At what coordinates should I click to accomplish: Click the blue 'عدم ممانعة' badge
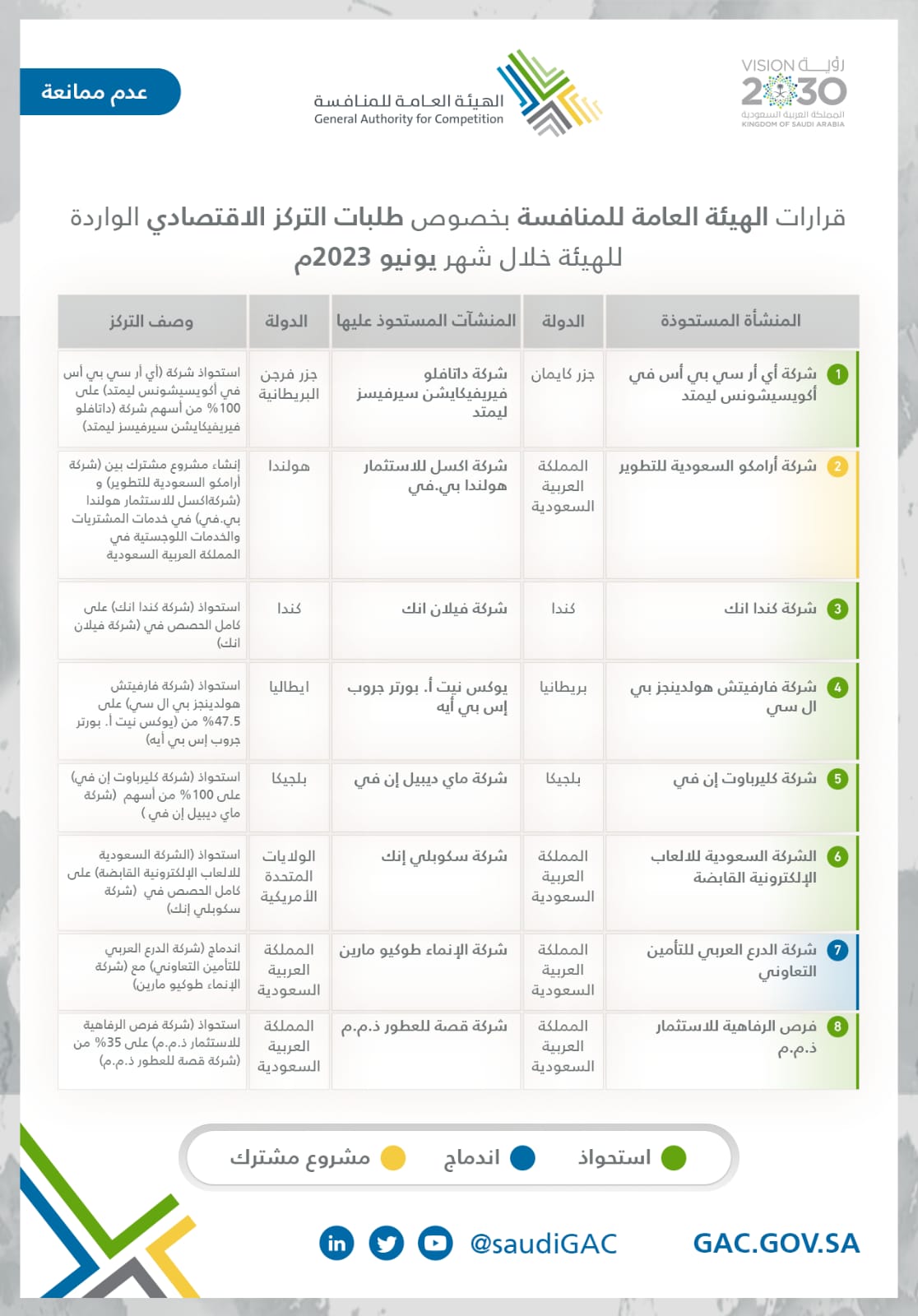coord(99,91)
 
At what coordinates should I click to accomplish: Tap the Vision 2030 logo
coord(793,91)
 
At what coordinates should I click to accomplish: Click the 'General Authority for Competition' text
coord(409,119)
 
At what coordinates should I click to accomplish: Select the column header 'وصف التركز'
coord(151,322)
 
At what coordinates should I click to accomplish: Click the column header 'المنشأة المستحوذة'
coord(730,321)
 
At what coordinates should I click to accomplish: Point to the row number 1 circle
coord(837,375)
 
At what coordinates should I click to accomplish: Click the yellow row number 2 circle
coord(837,466)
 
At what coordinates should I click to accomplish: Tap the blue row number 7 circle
coord(837,950)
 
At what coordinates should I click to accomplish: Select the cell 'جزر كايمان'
coord(563,375)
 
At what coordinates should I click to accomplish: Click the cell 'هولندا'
coord(289,466)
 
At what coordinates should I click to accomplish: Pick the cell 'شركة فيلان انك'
coord(454,609)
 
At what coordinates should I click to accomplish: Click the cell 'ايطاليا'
coord(289,687)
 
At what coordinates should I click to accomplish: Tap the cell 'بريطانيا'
coord(563,687)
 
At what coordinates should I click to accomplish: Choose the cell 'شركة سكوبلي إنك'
coord(444,856)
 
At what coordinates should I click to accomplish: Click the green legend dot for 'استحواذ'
coord(674,1158)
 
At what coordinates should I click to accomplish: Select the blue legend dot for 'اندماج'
coord(522,1158)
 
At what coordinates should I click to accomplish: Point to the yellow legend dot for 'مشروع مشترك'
coord(393,1158)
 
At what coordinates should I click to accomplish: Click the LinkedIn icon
coord(336,1243)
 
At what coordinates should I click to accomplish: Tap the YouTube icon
coord(435,1243)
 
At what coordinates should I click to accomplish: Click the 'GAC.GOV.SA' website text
coord(776,1243)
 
